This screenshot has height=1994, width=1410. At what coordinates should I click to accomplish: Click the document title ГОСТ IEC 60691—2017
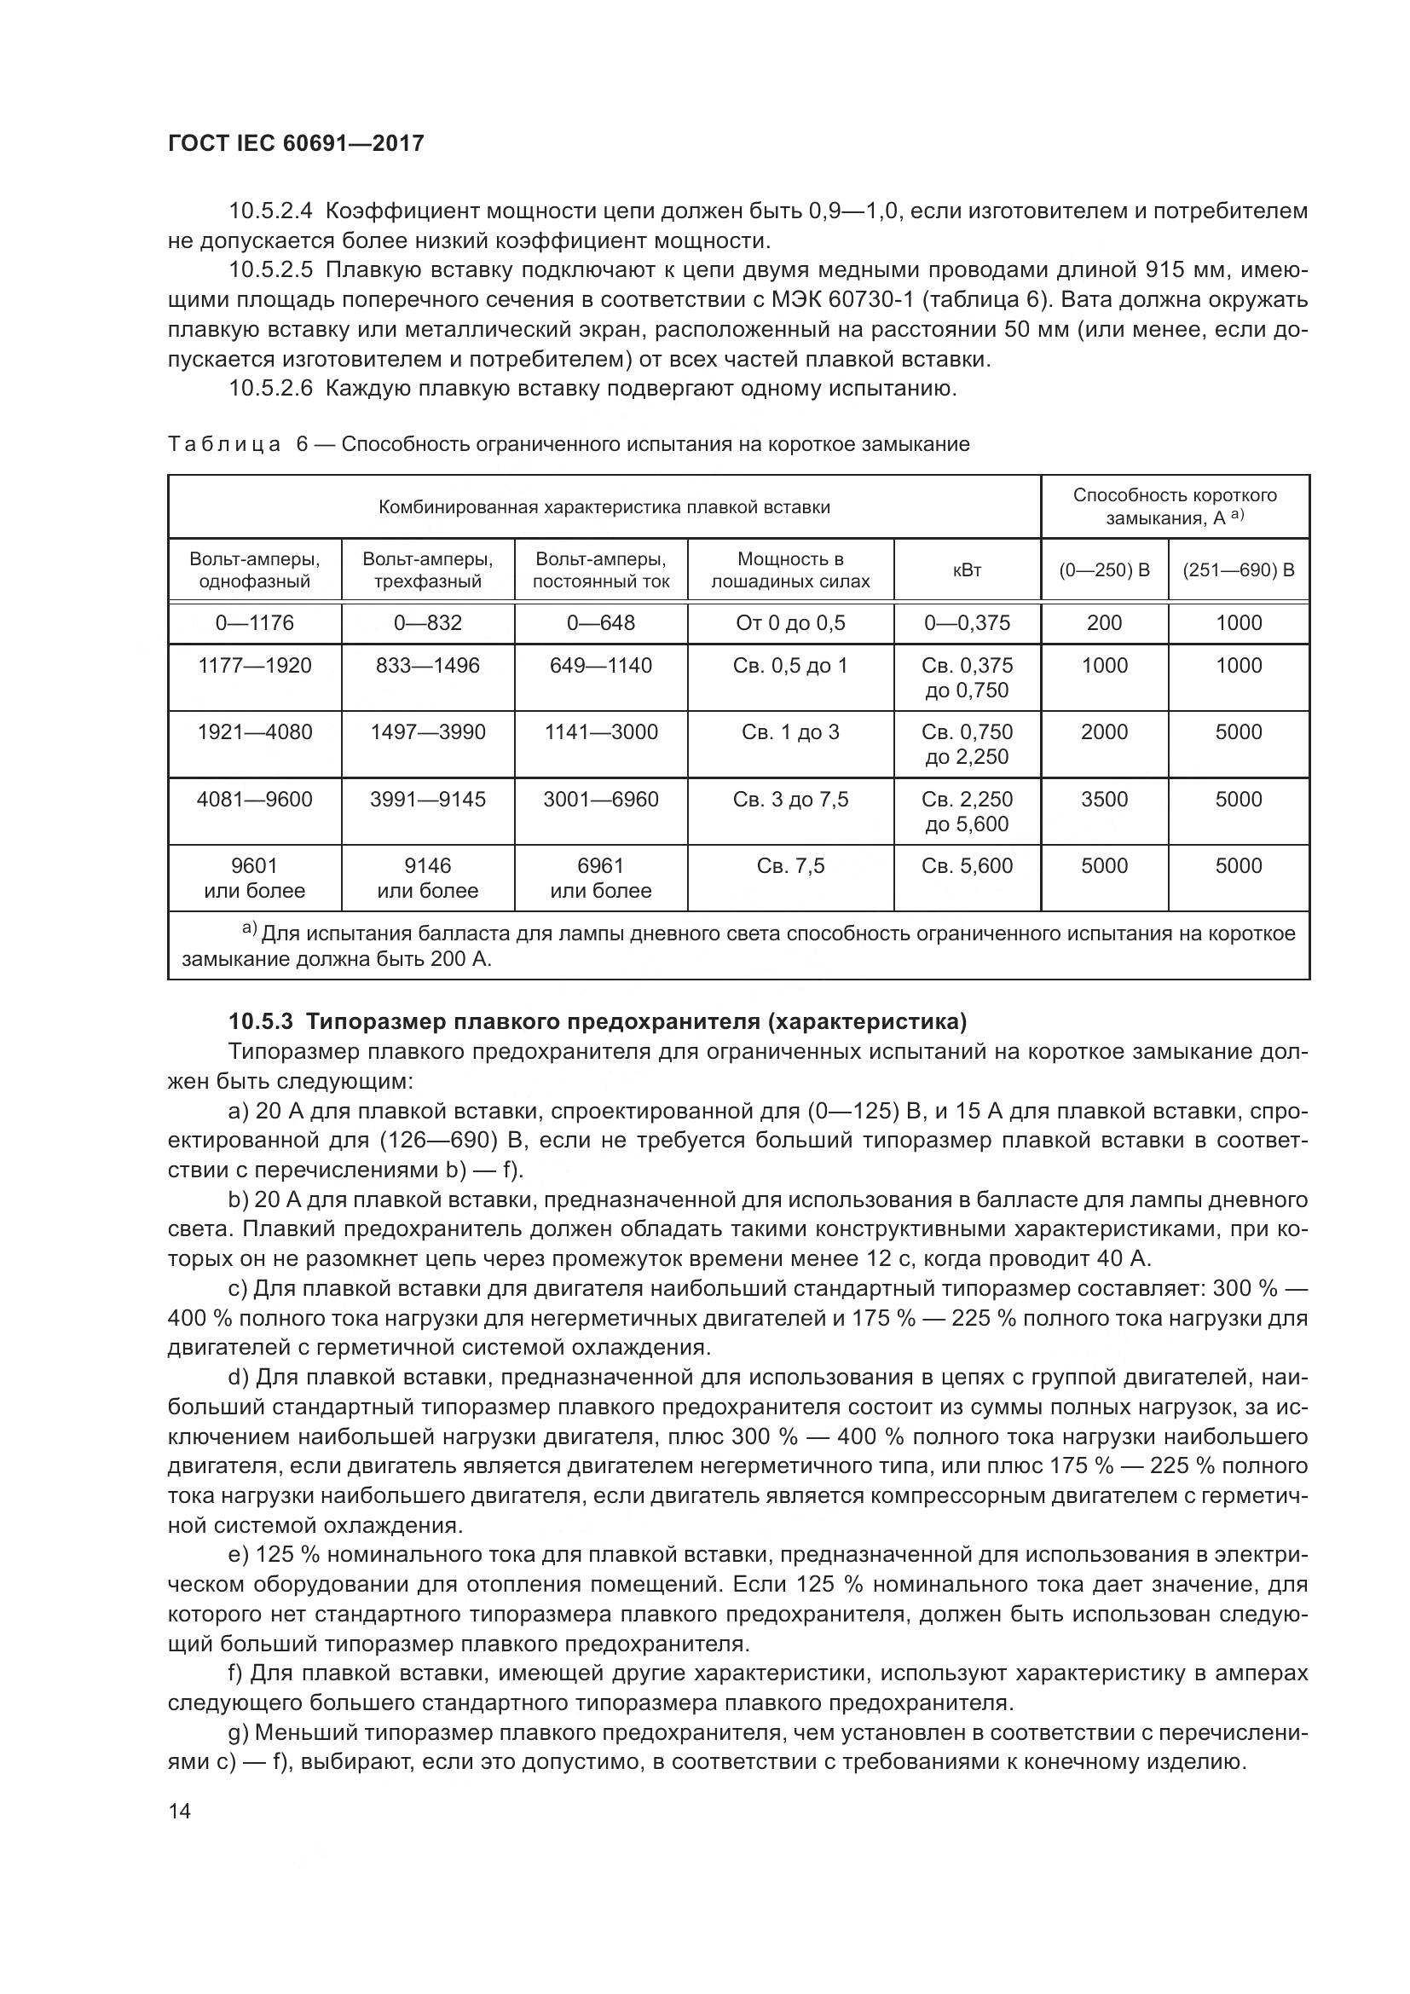click(295, 143)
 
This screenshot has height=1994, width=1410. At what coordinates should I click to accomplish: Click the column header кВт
click(967, 569)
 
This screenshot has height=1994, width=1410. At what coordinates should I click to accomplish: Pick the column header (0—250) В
click(1103, 569)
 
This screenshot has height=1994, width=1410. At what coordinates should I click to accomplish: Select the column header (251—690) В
click(1238, 569)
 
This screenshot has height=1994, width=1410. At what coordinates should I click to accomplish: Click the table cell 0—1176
click(254, 622)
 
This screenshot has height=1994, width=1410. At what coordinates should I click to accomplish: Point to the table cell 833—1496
click(427, 665)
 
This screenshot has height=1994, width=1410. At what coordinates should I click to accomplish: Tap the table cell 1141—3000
click(601, 732)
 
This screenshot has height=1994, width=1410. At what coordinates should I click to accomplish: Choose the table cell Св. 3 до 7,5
click(790, 799)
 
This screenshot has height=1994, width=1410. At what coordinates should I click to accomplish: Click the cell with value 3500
click(1103, 799)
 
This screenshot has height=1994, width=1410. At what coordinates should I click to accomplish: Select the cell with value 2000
click(1103, 732)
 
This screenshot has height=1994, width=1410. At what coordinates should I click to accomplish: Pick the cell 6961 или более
click(601, 878)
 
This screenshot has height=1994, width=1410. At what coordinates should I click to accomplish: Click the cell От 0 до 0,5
click(790, 622)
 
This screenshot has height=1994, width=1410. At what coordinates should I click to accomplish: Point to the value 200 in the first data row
click(1103, 622)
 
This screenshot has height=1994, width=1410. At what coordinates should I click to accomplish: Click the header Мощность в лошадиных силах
click(790, 569)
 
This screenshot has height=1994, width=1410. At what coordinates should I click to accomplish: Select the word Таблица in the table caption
click(225, 445)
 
